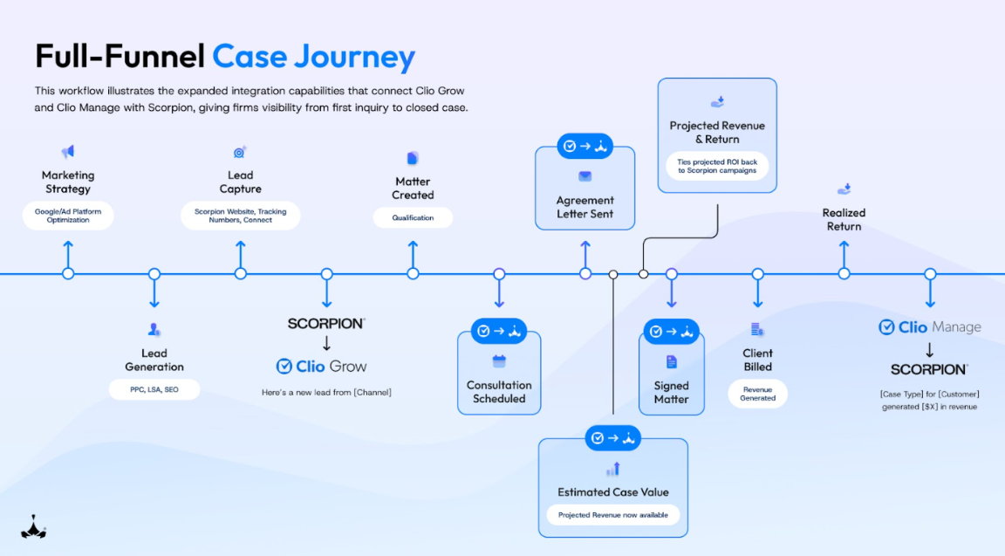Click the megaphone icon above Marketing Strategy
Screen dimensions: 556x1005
(x=67, y=152)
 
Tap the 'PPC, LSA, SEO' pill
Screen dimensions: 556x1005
(x=154, y=389)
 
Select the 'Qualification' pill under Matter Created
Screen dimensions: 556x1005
(x=413, y=217)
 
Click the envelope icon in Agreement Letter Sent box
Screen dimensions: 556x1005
(x=585, y=176)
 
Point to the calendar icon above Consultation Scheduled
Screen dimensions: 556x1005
(x=499, y=361)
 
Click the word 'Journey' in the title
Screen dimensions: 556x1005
(x=354, y=57)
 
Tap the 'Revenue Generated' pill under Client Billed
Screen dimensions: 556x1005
(x=757, y=394)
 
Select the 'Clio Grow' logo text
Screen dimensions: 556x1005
(x=321, y=367)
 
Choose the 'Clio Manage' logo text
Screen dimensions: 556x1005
(x=929, y=327)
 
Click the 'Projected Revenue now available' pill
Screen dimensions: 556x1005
(x=612, y=515)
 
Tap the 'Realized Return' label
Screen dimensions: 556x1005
(x=844, y=219)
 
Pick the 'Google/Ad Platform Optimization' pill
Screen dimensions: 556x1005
(x=68, y=216)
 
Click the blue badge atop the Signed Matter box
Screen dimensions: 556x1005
(x=672, y=331)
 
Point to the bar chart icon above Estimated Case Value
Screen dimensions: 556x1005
(x=612, y=470)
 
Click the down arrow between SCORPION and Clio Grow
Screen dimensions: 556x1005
(x=326, y=344)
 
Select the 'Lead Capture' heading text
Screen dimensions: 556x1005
(x=240, y=182)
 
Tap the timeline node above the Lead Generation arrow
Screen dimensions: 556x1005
(x=154, y=274)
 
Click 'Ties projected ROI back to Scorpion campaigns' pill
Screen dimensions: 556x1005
(x=716, y=166)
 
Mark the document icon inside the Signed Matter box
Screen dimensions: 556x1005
(x=671, y=361)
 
